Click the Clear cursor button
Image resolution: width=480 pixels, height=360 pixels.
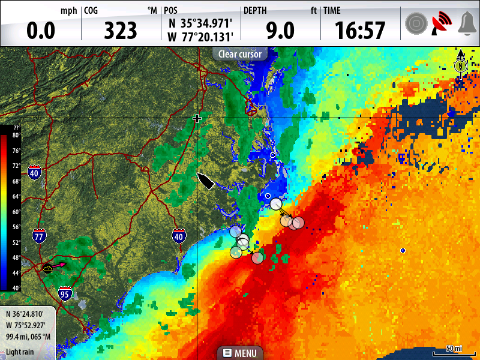click(240, 54)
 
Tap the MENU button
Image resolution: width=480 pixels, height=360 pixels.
click(240, 353)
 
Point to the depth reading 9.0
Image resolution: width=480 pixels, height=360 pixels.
click(280, 30)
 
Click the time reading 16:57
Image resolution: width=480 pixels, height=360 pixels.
click(359, 30)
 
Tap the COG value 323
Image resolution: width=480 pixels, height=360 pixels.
click(121, 30)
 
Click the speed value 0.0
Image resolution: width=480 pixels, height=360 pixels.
click(41, 30)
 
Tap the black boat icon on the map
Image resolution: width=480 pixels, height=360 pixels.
click(206, 181)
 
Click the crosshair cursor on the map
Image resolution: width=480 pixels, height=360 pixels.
click(197, 119)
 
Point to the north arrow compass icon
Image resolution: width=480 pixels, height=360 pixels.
click(460, 64)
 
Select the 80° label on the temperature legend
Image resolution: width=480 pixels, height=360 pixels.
click(16, 136)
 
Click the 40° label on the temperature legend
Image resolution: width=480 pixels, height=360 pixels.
click(16, 287)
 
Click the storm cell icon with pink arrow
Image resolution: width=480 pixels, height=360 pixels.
click(48, 268)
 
